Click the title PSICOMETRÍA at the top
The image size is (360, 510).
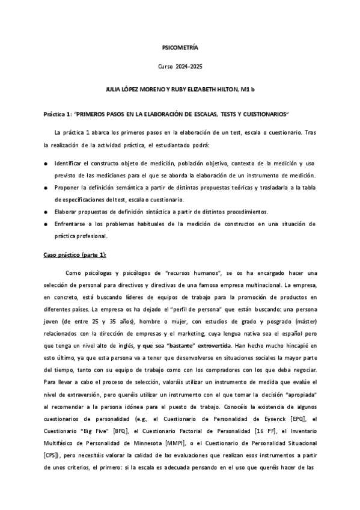(180, 46)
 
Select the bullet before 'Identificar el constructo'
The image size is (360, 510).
(46, 164)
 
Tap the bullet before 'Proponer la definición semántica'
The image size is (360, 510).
(46, 188)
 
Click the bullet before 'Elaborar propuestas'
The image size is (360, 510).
(46, 212)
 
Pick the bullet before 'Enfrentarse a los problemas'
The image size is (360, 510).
(46, 224)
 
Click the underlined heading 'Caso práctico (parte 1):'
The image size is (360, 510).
(75, 255)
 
